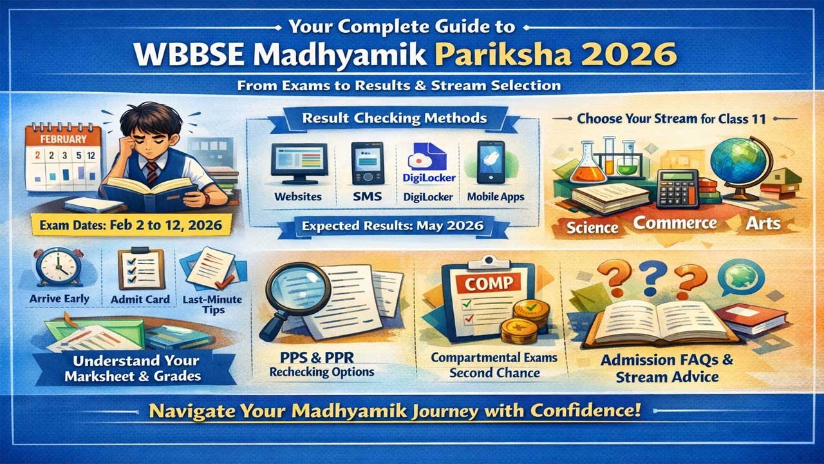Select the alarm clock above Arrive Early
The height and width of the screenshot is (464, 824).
[57, 267]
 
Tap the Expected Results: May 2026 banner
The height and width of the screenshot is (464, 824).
[394, 227]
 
